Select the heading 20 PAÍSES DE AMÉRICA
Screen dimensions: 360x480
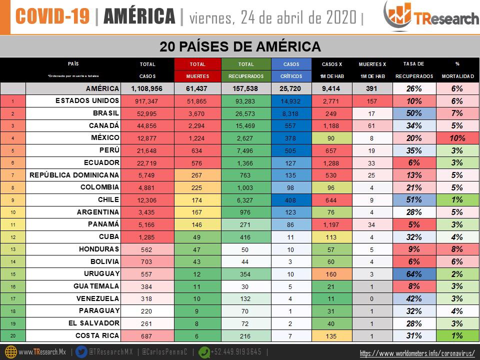[240, 46]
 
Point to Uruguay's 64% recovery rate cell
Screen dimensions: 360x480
[414, 274]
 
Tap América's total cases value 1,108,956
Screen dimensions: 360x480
[148, 89]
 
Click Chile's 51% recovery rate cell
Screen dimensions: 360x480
[414, 199]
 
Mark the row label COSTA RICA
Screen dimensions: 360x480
[97, 335]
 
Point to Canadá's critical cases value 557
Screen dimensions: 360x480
[291, 126]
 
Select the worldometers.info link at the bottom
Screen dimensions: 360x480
[417, 353]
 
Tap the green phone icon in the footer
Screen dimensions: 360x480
[204, 351]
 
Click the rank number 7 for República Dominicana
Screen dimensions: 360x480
[12, 175]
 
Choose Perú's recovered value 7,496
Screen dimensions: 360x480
[245, 150]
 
